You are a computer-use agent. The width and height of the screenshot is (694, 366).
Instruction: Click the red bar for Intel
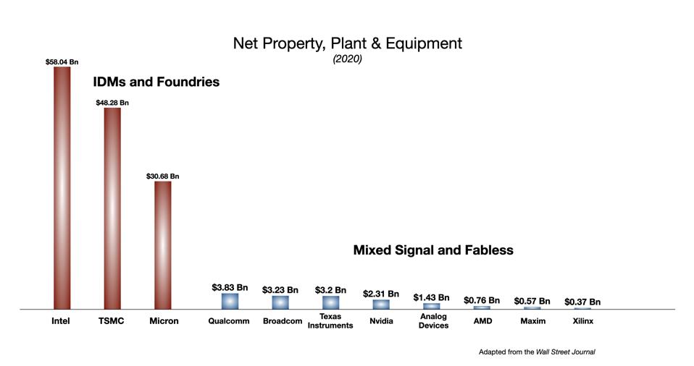(x=62, y=188)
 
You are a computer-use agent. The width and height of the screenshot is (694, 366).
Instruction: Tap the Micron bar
(x=163, y=245)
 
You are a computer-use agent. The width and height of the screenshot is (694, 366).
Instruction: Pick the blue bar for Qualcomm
(x=230, y=301)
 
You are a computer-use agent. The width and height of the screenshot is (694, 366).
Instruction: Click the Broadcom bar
(x=280, y=302)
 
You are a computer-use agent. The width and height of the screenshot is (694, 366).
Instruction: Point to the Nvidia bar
(x=381, y=305)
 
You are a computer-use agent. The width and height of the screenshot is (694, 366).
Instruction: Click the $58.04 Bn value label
(x=62, y=63)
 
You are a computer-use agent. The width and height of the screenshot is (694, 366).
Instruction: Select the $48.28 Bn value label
(x=112, y=103)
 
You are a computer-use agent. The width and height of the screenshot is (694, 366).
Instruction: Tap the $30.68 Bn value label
(x=163, y=176)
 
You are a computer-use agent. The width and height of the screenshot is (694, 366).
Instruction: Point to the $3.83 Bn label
(x=230, y=287)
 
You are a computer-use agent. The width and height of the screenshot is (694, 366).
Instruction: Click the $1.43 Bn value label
(x=431, y=297)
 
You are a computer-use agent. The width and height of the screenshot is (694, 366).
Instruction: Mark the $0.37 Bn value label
(x=582, y=302)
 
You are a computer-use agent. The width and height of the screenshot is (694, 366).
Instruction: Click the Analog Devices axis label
(x=433, y=321)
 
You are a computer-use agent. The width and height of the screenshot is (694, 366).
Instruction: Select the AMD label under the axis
(x=482, y=321)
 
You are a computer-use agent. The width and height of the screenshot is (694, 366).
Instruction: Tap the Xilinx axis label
(x=583, y=321)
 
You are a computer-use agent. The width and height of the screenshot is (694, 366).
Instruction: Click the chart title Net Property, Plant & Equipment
(x=347, y=43)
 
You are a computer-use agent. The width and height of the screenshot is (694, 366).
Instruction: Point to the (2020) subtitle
(x=347, y=59)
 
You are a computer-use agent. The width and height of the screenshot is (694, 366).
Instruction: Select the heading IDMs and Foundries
(x=156, y=82)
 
